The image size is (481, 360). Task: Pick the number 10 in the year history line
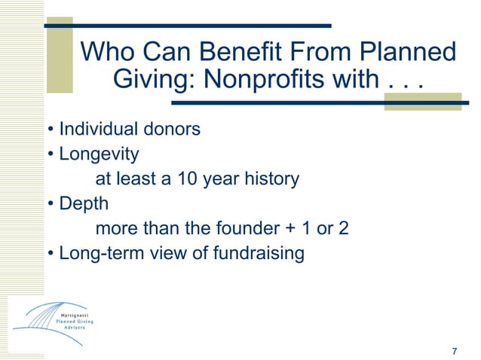click(x=188, y=179)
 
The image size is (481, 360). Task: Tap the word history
click(x=268, y=179)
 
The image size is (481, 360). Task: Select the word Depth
click(x=84, y=204)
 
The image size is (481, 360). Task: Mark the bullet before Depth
click(x=51, y=205)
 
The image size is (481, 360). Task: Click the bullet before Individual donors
click(x=51, y=130)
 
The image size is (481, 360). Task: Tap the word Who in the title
click(x=106, y=53)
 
